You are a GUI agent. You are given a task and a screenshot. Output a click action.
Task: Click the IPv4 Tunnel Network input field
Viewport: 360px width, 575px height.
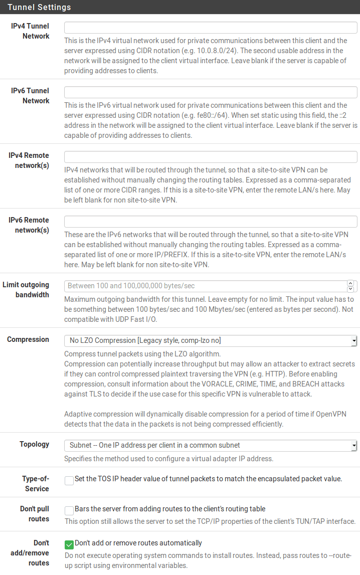(211, 28)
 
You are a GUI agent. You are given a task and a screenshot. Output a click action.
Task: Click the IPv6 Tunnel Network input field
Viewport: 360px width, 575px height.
(211, 92)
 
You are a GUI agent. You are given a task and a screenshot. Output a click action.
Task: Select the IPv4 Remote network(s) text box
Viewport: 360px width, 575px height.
(211, 157)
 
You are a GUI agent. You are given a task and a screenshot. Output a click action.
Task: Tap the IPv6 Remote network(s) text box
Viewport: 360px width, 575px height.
(211, 222)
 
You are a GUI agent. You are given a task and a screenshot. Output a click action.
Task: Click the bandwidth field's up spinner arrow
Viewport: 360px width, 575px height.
(350, 284)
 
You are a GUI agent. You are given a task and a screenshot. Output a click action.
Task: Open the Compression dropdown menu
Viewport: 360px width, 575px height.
(211, 341)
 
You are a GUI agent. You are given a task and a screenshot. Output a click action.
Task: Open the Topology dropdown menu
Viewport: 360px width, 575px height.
(211, 446)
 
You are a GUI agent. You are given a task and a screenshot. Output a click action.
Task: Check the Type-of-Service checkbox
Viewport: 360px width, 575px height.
(69, 481)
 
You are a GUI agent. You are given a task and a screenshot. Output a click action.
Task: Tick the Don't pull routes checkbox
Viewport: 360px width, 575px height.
(69, 511)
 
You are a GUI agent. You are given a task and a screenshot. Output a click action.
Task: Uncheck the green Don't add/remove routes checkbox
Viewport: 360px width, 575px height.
(69, 544)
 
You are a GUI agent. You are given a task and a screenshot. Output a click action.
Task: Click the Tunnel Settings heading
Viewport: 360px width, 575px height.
(39, 7)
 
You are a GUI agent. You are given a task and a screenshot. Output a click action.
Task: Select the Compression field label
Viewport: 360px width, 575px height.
(28, 340)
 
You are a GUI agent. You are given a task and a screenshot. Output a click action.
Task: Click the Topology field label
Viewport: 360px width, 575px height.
(35, 445)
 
